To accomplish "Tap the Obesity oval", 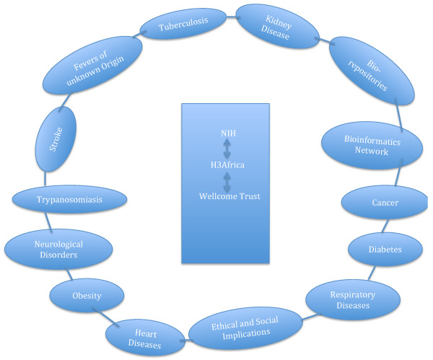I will click(x=86, y=296).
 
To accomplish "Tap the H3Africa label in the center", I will click(x=228, y=164).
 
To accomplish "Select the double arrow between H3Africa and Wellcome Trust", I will click(x=228, y=180).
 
